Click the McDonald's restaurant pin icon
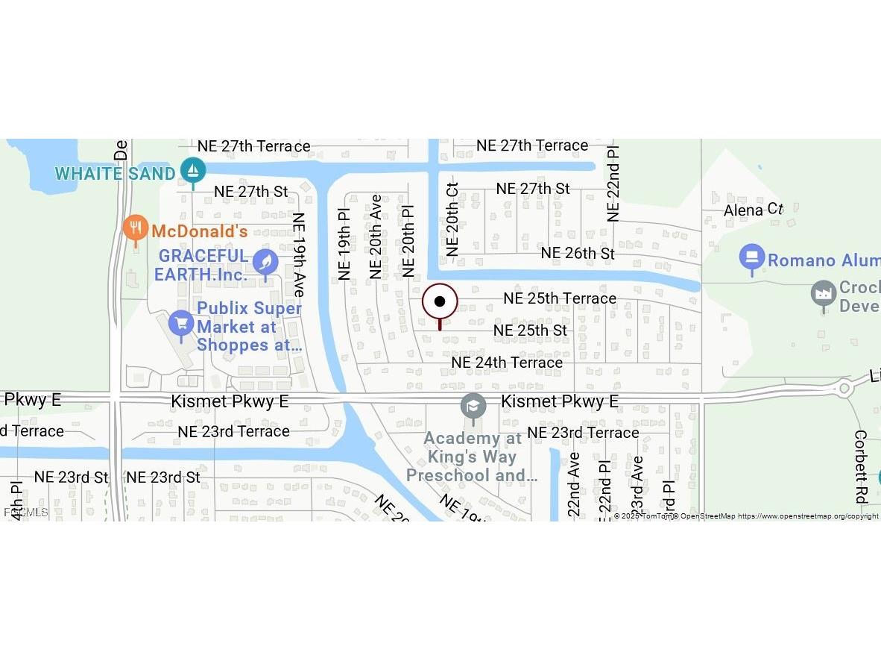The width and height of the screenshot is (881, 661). point(135,228)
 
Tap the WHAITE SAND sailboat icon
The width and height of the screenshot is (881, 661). point(193,171)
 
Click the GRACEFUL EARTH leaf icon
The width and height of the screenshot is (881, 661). point(265,262)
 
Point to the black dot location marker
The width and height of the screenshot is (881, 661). point(440,301)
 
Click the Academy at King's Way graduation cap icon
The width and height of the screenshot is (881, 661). point(473,407)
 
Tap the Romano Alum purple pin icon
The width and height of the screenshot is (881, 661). point(752,257)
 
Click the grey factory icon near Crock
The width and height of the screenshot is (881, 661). point(823,293)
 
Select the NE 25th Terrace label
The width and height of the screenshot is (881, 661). point(559,298)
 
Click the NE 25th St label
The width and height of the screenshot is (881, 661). point(530,330)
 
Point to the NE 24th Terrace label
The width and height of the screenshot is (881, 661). point(507,363)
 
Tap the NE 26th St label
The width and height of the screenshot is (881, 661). point(578,254)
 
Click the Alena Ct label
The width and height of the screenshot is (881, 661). point(754,210)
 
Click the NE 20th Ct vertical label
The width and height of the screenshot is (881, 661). point(452,219)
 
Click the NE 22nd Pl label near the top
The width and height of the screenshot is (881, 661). point(613,184)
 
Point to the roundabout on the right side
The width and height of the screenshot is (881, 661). point(844,388)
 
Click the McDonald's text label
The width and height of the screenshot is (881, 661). point(199,231)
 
